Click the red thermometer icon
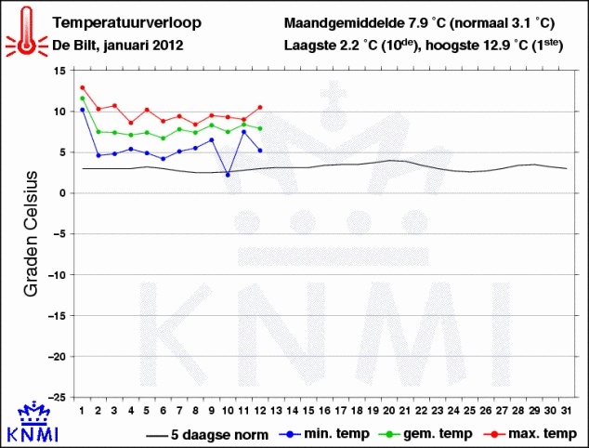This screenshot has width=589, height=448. [x=25, y=29]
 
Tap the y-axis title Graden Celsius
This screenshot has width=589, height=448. [x=30, y=232]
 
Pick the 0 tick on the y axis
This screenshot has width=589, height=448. [x=60, y=193]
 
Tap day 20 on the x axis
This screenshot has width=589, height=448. [x=389, y=409]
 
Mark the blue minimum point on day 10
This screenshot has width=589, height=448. [x=228, y=175]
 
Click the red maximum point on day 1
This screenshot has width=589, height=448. [x=82, y=87]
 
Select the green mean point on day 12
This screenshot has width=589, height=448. [x=260, y=128]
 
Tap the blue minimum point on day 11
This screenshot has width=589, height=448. [x=243, y=132]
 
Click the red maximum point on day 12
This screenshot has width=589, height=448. [x=260, y=107]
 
